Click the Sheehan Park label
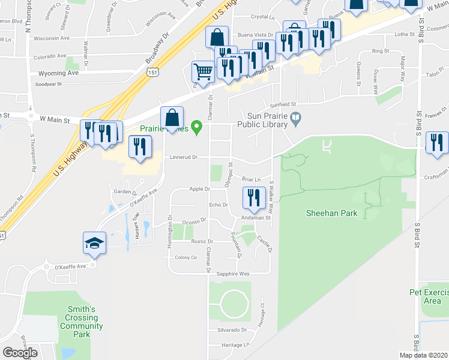(331, 213)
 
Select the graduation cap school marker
(95, 242)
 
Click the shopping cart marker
(203, 72)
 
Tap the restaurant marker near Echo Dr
(253, 198)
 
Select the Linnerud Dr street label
(182, 157)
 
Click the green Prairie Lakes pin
(188, 128)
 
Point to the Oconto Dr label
(194, 220)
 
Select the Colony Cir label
(185, 257)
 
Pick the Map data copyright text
(423, 355)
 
